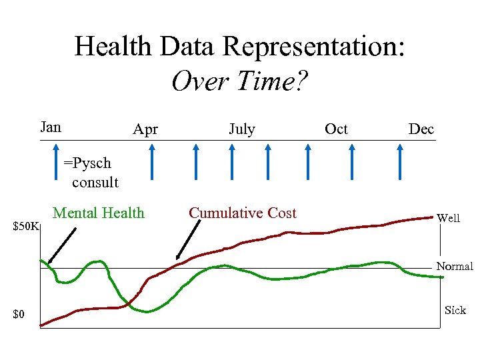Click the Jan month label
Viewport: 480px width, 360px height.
pos(51,127)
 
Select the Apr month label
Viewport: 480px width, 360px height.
pos(145,129)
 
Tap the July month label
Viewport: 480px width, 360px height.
pos(241,129)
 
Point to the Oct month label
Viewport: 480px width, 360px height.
pos(336,129)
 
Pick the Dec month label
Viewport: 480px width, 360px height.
pos(421,129)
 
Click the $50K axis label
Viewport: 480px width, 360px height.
pos(27,227)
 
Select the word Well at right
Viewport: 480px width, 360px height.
pos(448,218)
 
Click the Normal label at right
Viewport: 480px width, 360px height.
pos(455,266)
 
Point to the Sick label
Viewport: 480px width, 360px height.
pos(455,310)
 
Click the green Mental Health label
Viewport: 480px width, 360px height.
pos(98,213)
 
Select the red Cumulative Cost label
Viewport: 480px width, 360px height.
pos(243,213)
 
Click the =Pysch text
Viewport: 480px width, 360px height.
pos(87,163)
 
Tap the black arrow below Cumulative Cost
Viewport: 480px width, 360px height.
pos(188,240)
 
